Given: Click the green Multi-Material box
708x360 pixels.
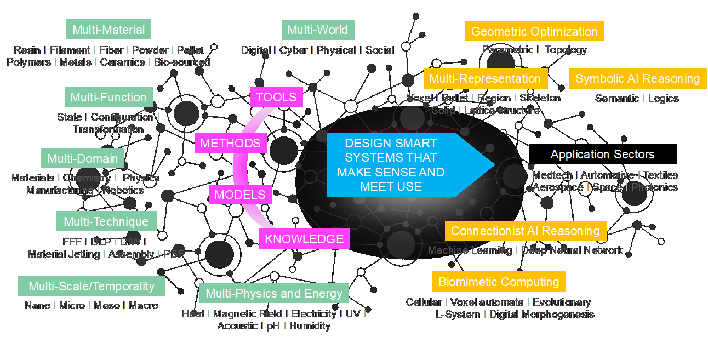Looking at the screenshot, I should [109, 30].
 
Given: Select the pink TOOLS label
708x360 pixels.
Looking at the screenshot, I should [276, 97].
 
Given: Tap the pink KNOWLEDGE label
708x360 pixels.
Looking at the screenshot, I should [304, 238].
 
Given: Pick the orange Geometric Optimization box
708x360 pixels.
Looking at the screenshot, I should [534, 31].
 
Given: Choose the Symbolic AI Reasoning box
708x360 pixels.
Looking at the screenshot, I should [637, 78].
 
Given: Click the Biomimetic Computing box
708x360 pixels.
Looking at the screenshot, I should [499, 282].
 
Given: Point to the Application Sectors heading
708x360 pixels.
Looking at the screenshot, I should [602, 154].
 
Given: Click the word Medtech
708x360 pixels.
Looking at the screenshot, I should [552, 175].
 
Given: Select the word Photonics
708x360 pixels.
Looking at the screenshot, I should [654, 187].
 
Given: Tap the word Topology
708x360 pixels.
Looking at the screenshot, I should [566, 50].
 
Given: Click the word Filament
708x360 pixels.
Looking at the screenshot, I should [70, 50].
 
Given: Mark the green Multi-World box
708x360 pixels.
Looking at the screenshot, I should [317, 30].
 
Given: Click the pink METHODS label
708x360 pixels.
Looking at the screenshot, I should [230, 143].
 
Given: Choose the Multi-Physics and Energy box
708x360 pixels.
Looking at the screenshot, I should [274, 293].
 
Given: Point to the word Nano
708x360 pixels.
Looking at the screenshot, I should [37, 306].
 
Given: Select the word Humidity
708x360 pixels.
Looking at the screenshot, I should [310, 326].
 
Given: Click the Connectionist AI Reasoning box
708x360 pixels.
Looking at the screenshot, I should [525, 231].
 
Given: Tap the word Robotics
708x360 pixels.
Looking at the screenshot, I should [123, 191].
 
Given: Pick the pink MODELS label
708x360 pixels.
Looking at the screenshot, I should [239, 194].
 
